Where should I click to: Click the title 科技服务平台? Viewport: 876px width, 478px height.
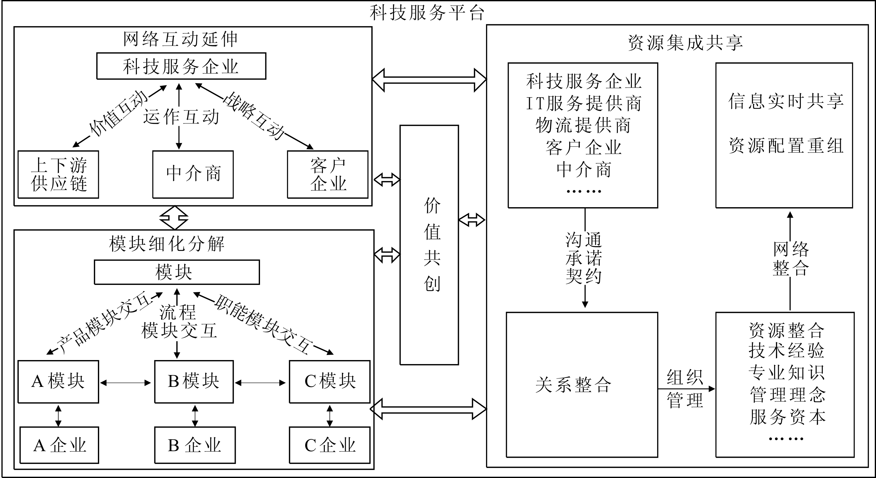[427, 13]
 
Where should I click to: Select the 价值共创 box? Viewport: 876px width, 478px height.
[429, 245]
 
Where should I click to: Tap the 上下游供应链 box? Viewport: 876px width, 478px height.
[58, 174]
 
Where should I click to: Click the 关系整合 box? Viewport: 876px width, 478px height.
[582, 385]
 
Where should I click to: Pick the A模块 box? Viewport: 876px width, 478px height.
[58, 381]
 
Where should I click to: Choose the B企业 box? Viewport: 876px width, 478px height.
[195, 445]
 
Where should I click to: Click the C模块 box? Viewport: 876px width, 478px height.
[330, 381]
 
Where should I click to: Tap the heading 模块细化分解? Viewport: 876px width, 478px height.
[167, 244]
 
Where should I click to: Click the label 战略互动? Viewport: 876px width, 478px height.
[253, 116]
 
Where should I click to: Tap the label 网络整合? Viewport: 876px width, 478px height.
[790, 259]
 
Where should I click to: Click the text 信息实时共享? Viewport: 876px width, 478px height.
[786, 101]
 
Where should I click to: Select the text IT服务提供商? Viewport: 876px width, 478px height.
[584, 103]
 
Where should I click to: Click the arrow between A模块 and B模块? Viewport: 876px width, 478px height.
[126, 383]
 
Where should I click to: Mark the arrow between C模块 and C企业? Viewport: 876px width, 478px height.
[330, 415]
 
